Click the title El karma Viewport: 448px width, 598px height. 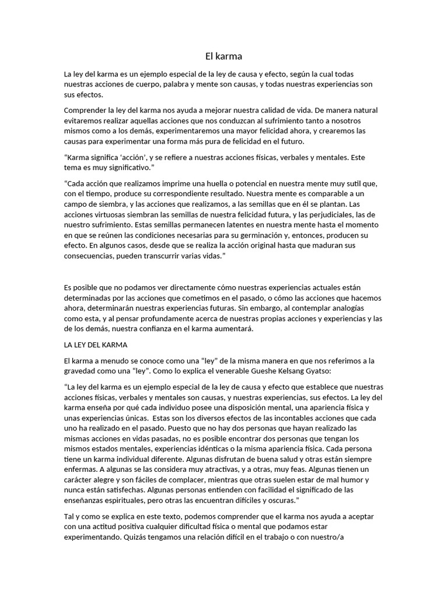[x=223, y=57]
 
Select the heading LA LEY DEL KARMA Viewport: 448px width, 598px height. [x=96, y=345]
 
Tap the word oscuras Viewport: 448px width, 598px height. [x=277, y=500]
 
